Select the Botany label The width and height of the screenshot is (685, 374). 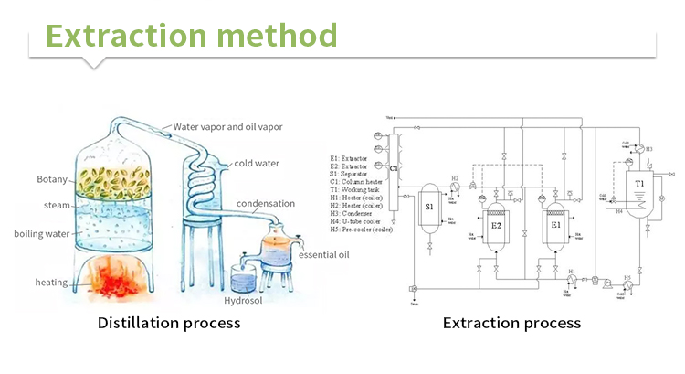tap(53, 178)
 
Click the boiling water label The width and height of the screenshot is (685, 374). tap(43, 233)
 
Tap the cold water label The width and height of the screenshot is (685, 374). tap(257, 164)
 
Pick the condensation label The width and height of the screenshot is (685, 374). tap(266, 203)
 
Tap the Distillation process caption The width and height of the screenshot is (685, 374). tap(169, 323)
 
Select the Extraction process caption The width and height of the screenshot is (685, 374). tap(511, 323)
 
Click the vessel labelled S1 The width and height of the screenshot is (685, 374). tap(429, 208)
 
